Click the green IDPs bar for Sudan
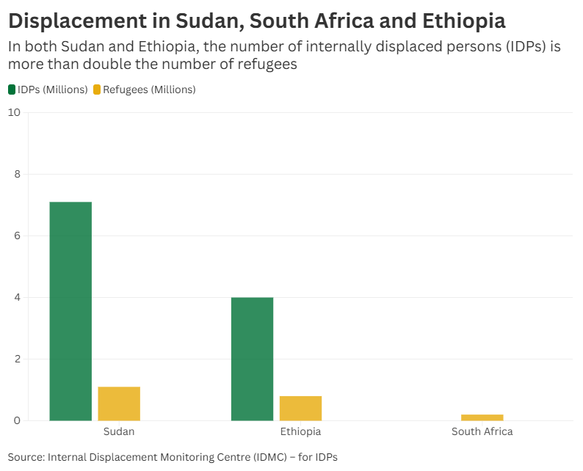[70, 311]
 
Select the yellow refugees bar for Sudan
[119, 404]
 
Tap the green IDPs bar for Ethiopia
[252, 359]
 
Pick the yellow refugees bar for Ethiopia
[300, 408]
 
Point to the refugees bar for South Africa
[482, 417]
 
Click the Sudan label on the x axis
[119, 431]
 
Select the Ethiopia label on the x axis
[300, 431]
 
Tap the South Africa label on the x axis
[482, 431]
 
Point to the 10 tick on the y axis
[14, 112]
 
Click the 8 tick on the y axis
[17, 174]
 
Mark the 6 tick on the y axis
[17, 235]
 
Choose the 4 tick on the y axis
[17, 297]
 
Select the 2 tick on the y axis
[17, 359]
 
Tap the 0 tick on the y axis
[17, 420]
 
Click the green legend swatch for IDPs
[12, 90]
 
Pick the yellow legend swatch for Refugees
[97, 90]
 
